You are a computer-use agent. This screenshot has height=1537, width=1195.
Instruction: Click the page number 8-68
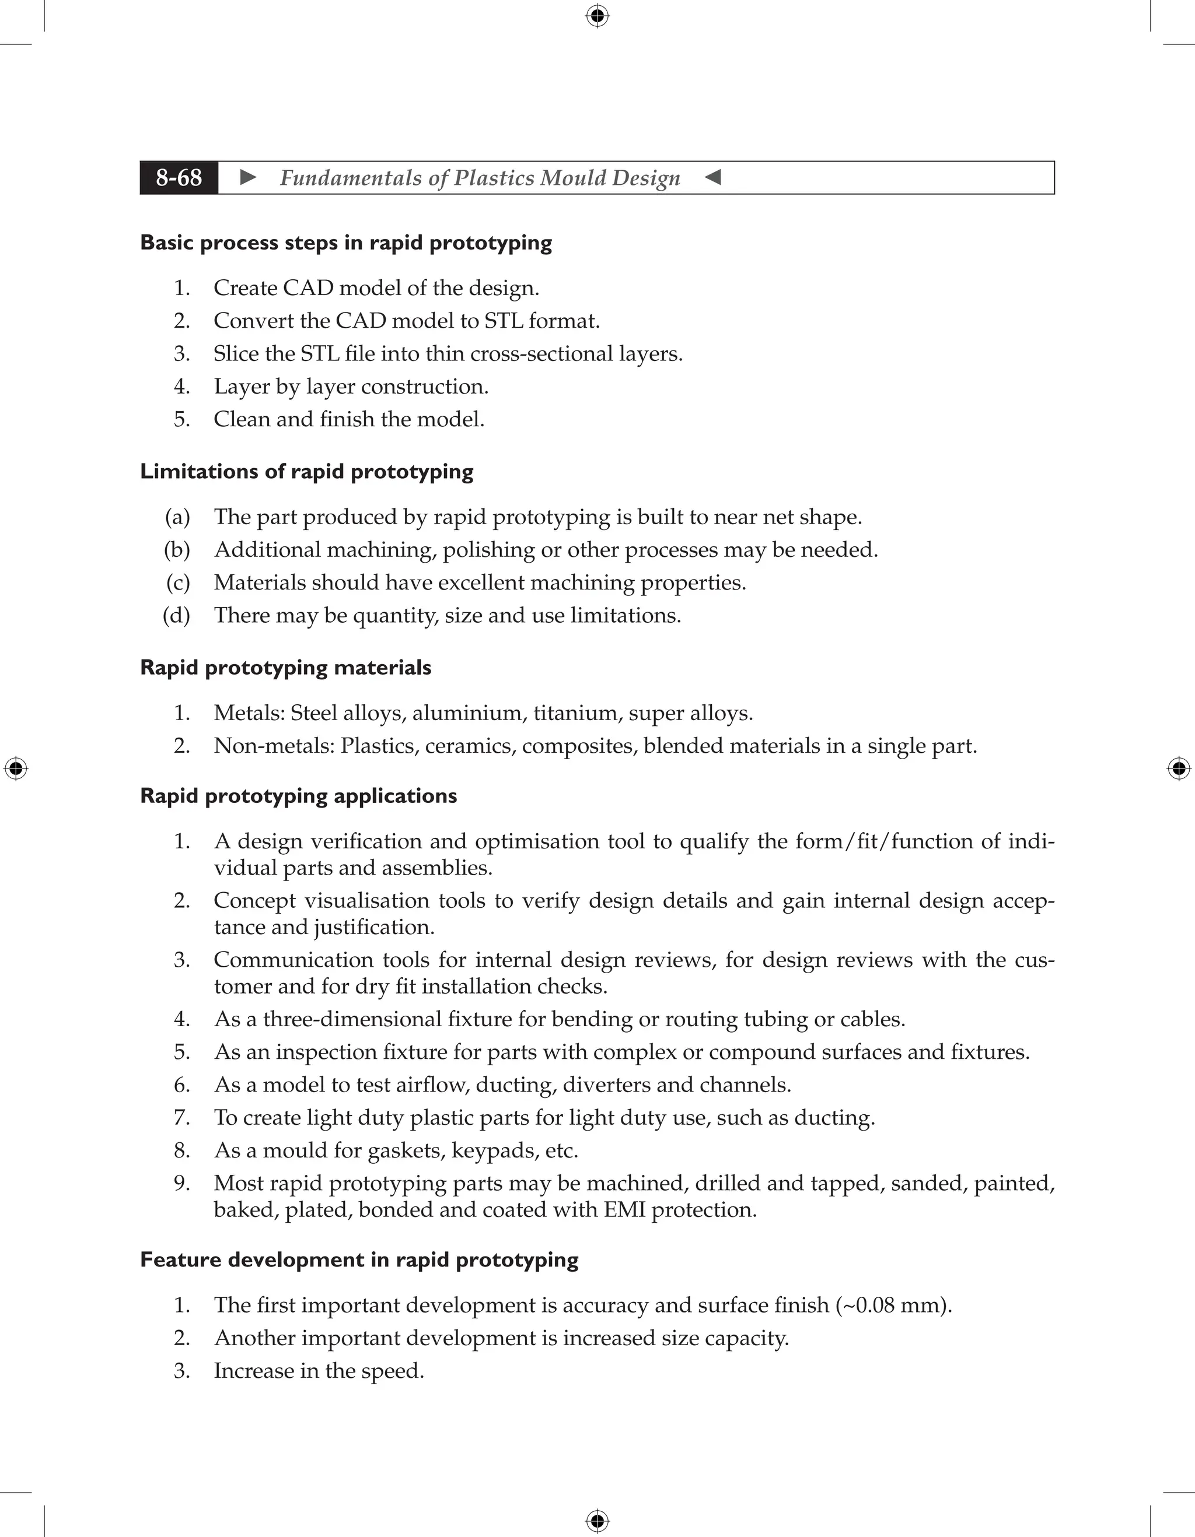pos(179,177)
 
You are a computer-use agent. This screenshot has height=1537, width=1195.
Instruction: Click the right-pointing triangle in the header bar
pos(248,177)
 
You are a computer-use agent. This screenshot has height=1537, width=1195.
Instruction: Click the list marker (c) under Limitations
pos(177,582)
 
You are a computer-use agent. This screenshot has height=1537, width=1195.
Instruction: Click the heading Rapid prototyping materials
pos(285,667)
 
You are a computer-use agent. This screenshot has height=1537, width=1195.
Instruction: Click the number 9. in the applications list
pos(181,1183)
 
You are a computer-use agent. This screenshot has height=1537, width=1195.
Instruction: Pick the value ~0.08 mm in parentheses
pos(893,1306)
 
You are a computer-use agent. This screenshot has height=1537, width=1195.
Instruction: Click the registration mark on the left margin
pos(16,768)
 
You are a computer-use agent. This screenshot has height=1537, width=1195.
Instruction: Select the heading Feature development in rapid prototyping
pos(359,1259)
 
